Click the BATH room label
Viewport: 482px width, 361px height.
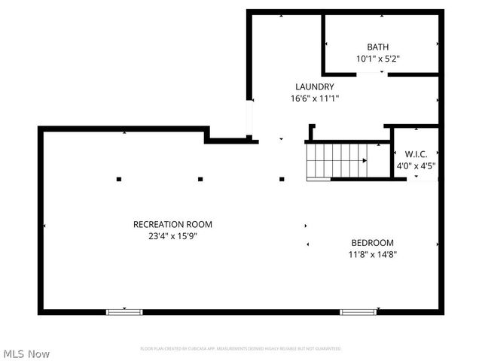coord(378,47)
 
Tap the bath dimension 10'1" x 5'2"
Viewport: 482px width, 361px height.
coord(378,58)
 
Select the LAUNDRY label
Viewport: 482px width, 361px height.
coord(314,86)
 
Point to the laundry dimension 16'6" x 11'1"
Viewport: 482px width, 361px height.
coord(315,98)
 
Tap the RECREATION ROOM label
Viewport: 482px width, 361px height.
coord(172,224)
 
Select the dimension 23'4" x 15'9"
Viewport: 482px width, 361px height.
coord(172,235)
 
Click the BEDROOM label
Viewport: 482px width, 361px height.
coord(372,242)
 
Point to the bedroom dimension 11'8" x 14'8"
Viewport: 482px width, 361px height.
coord(372,254)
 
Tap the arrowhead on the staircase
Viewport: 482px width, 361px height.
coord(365,161)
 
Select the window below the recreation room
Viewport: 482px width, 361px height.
coord(124,311)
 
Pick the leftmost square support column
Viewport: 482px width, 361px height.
coord(119,179)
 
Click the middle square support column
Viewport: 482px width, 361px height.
coord(200,179)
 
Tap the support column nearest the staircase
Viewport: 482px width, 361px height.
coord(282,179)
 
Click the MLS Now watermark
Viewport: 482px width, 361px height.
coord(26,353)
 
